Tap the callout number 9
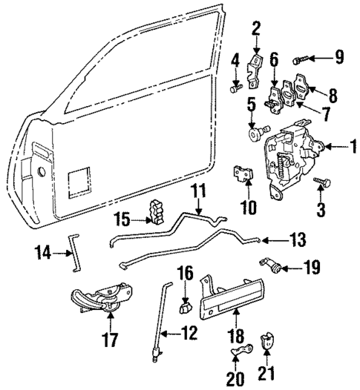point(340,56)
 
